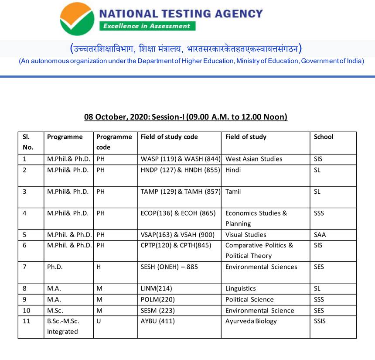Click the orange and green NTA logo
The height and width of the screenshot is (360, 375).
point(77,19)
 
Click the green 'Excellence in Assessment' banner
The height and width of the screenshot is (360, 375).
point(147,26)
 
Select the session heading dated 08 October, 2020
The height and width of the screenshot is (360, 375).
point(186,117)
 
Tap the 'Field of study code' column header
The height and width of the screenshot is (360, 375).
point(169,137)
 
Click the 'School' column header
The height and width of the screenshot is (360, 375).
point(324,137)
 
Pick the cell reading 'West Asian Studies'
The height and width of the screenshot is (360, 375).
point(254,159)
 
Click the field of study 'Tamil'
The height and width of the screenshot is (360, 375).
point(233,192)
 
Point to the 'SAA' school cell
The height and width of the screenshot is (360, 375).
point(320,235)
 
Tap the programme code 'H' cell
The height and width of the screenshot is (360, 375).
point(99,267)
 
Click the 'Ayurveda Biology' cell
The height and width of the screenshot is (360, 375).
point(251,321)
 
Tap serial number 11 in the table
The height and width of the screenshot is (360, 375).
point(26,321)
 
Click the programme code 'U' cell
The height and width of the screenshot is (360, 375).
point(99,321)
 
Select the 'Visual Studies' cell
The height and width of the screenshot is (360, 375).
point(246,235)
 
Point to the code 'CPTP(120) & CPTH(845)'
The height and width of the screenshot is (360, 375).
point(176,245)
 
